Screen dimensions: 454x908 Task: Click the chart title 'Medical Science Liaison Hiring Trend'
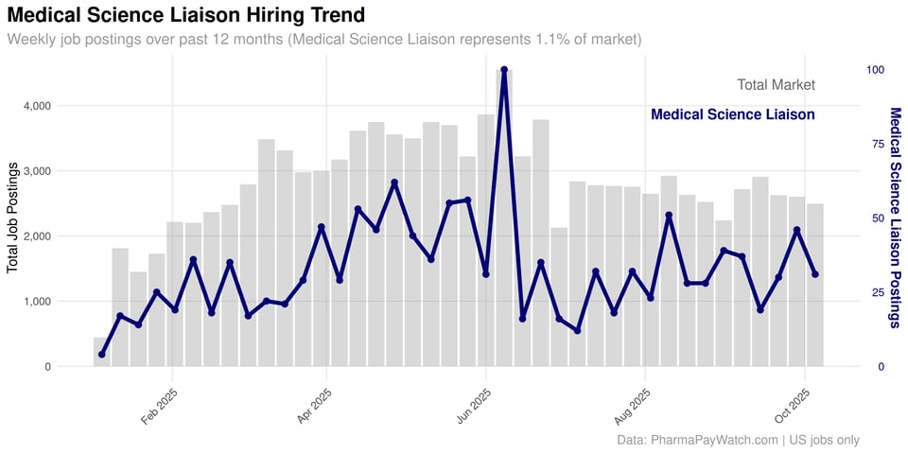[186, 15]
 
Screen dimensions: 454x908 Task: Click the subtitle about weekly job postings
[324, 40]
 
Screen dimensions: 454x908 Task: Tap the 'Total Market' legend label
[776, 85]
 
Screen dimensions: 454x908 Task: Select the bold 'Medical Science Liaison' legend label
[732, 114]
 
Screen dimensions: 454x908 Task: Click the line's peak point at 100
[504, 70]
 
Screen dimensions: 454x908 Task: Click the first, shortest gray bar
[101, 352]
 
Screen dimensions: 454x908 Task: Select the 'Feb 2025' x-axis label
[159, 408]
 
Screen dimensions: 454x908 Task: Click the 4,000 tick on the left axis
[36, 106]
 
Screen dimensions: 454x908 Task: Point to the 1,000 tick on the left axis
[36, 302]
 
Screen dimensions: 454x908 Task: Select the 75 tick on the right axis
[878, 144]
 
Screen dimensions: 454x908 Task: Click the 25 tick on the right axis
[878, 292]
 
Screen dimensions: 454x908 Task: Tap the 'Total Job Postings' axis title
[13, 218]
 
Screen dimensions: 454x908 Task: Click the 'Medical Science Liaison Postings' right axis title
[895, 218]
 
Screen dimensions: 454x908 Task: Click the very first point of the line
[101, 355]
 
